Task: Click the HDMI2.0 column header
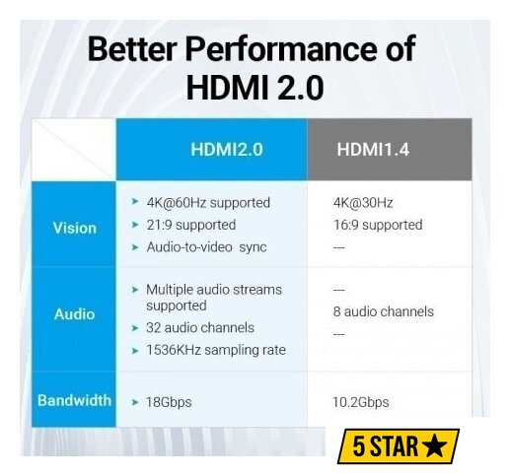click(x=227, y=150)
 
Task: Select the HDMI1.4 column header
click(x=373, y=150)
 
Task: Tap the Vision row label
click(x=75, y=228)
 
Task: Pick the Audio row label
click(x=74, y=314)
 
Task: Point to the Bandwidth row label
click(x=74, y=400)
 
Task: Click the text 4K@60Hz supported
click(x=208, y=203)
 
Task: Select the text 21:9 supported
click(x=191, y=225)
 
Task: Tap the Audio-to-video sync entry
click(x=206, y=247)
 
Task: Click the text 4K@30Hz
click(x=363, y=203)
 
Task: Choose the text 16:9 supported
click(x=378, y=225)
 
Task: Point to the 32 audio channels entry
click(x=200, y=327)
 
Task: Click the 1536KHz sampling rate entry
click(x=216, y=350)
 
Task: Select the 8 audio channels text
click(x=384, y=311)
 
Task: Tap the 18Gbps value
click(x=169, y=402)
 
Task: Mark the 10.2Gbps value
click(x=361, y=402)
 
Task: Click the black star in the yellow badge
click(x=435, y=446)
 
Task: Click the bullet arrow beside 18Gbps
click(x=135, y=402)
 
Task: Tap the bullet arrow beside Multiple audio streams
click(x=135, y=290)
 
